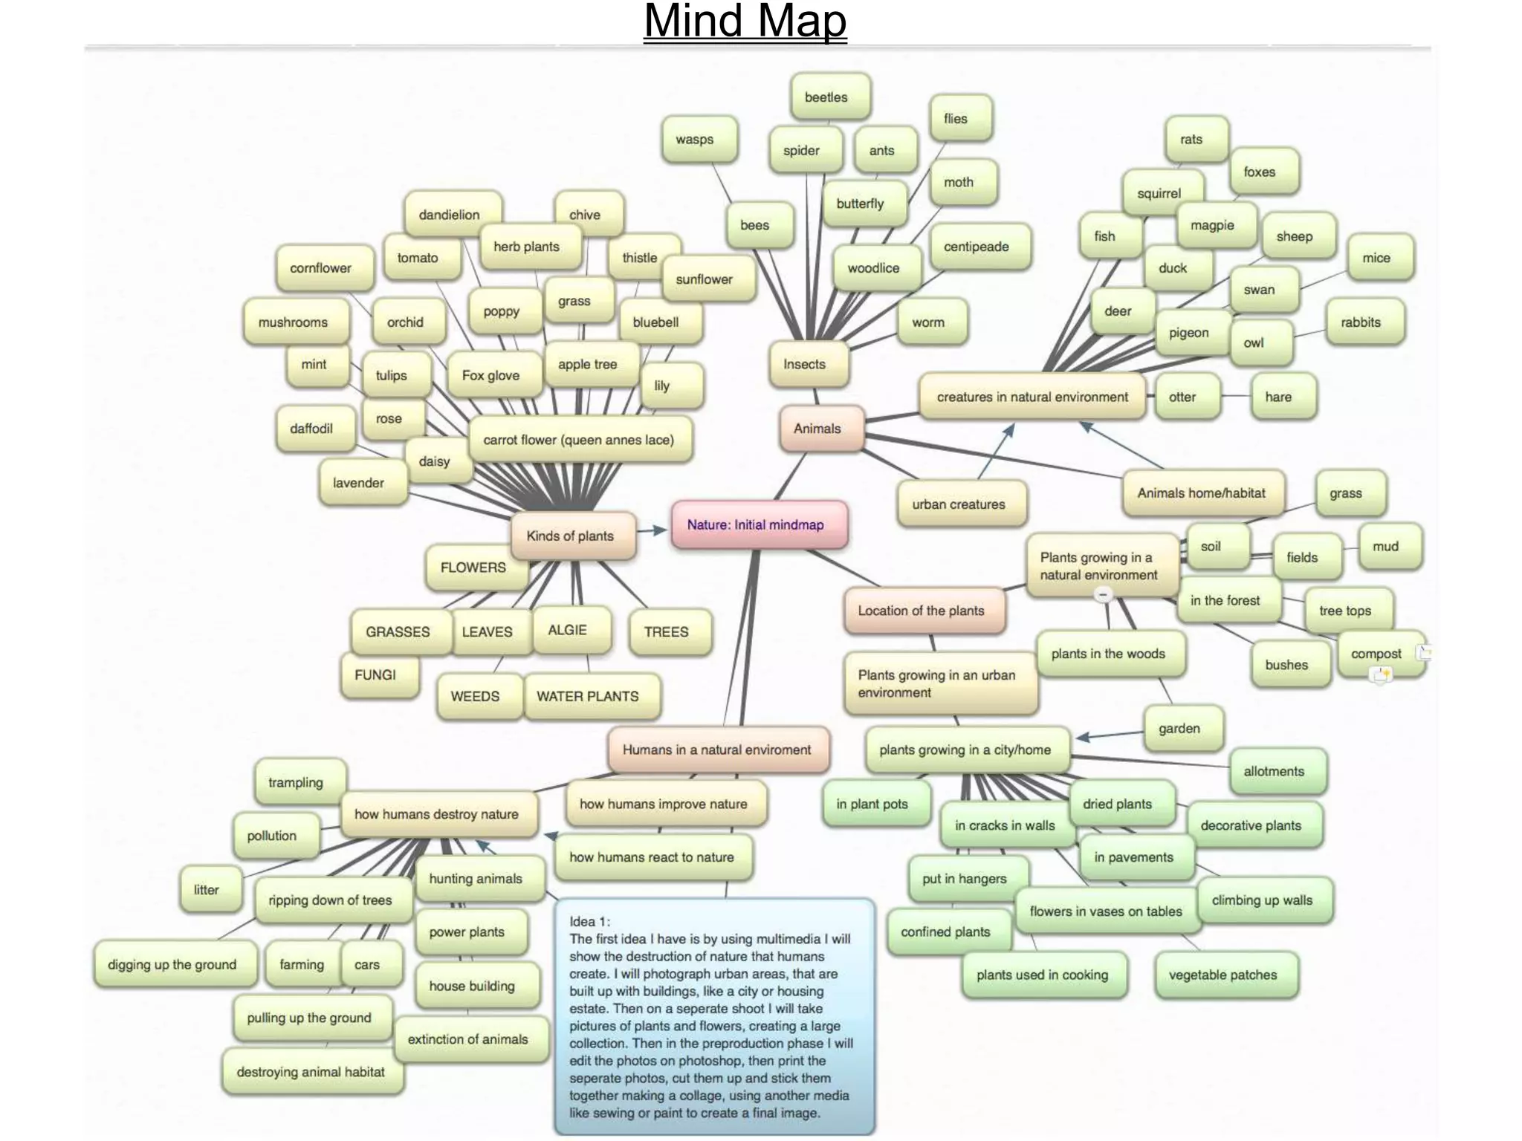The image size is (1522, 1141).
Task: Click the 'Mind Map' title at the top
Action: (745, 21)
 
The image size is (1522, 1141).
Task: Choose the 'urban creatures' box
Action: (959, 504)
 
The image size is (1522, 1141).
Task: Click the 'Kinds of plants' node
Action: (571, 536)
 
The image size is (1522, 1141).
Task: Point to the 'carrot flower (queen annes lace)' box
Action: (580, 440)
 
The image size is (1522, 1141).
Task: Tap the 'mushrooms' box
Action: (294, 322)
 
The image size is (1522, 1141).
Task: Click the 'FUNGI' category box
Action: (376, 674)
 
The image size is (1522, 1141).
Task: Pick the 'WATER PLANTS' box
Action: (589, 696)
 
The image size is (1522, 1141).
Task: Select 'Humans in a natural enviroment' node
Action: (717, 750)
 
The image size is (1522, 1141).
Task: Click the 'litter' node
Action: (207, 889)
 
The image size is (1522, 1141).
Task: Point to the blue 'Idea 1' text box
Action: (713, 1016)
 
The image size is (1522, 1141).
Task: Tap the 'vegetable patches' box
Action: (1224, 975)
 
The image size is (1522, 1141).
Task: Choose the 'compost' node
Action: (1377, 654)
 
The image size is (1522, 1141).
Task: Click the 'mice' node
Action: (1377, 258)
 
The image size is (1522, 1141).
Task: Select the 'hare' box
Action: (1280, 397)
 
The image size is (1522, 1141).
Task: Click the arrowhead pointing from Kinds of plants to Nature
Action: (659, 530)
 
